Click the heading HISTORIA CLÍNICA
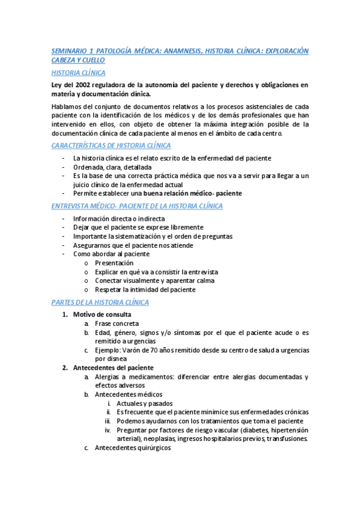79,73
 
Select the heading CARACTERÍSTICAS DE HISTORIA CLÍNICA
111,146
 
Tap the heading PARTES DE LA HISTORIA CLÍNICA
100,302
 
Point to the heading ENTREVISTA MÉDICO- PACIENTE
138,206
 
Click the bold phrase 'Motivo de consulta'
102,315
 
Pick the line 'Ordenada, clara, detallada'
112,167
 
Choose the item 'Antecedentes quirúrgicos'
133,448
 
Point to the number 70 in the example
159,350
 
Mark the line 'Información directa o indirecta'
119,219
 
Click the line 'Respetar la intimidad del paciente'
145,289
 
